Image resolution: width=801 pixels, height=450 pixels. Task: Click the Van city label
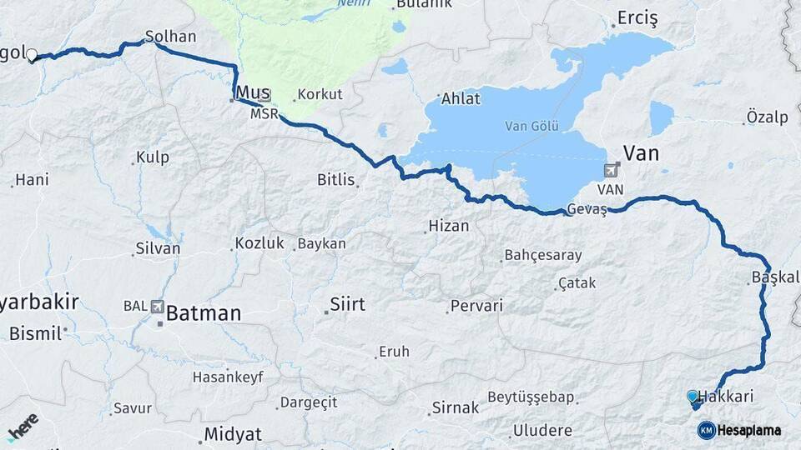(x=641, y=152)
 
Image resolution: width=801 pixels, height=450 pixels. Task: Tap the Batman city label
(x=204, y=313)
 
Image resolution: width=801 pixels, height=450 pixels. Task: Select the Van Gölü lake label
(x=531, y=127)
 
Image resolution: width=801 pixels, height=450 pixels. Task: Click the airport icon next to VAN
(x=612, y=171)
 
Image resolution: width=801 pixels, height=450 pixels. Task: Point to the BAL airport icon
(x=157, y=306)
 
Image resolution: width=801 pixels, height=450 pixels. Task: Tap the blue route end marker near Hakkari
(x=692, y=397)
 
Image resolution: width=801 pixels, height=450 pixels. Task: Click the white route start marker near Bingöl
(x=32, y=55)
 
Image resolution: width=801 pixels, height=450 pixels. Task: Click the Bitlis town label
(x=336, y=179)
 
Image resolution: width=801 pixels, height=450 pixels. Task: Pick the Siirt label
(x=347, y=304)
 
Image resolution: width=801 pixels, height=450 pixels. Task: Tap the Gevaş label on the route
(x=587, y=209)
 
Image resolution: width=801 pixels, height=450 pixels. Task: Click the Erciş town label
(x=637, y=18)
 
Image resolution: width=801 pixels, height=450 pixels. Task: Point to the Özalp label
(x=767, y=117)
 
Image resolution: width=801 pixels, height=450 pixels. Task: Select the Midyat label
(x=234, y=434)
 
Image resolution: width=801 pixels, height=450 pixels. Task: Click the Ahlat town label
(x=461, y=99)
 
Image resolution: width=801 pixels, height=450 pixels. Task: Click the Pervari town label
(x=476, y=306)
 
